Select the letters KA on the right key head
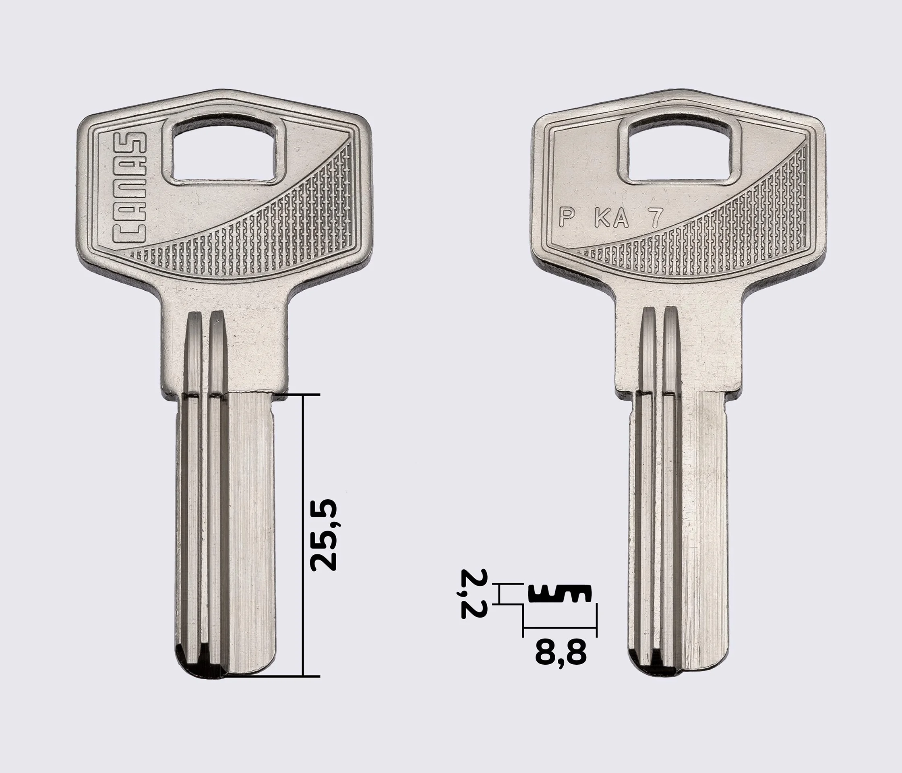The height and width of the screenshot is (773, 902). [x=612, y=219]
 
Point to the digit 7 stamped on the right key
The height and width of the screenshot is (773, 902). [x=657, y=217]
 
